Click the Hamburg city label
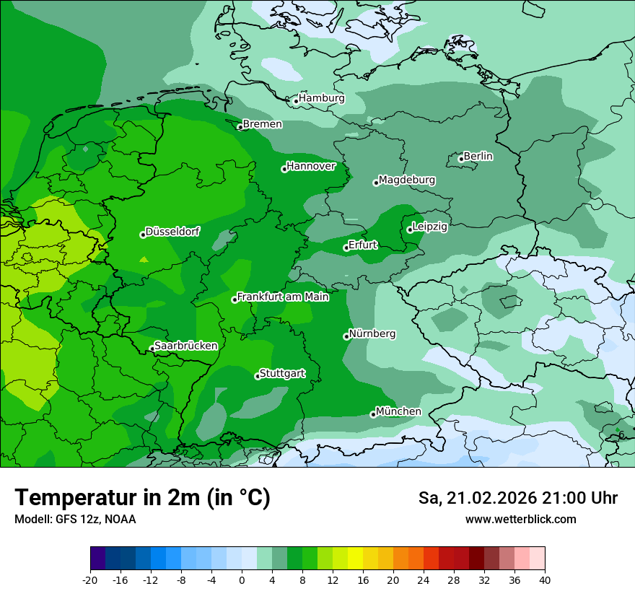322,98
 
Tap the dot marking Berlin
461,159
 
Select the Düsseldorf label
172,232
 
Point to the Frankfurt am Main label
283,297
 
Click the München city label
398,411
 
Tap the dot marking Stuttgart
258,376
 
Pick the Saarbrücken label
186,346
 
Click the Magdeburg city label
407,180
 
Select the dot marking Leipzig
410,229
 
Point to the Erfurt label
363,245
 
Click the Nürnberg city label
372,334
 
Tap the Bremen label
263,124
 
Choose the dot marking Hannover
284,169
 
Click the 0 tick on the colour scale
242,580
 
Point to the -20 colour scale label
90,580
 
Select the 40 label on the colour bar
545,580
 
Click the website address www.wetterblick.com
520,520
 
